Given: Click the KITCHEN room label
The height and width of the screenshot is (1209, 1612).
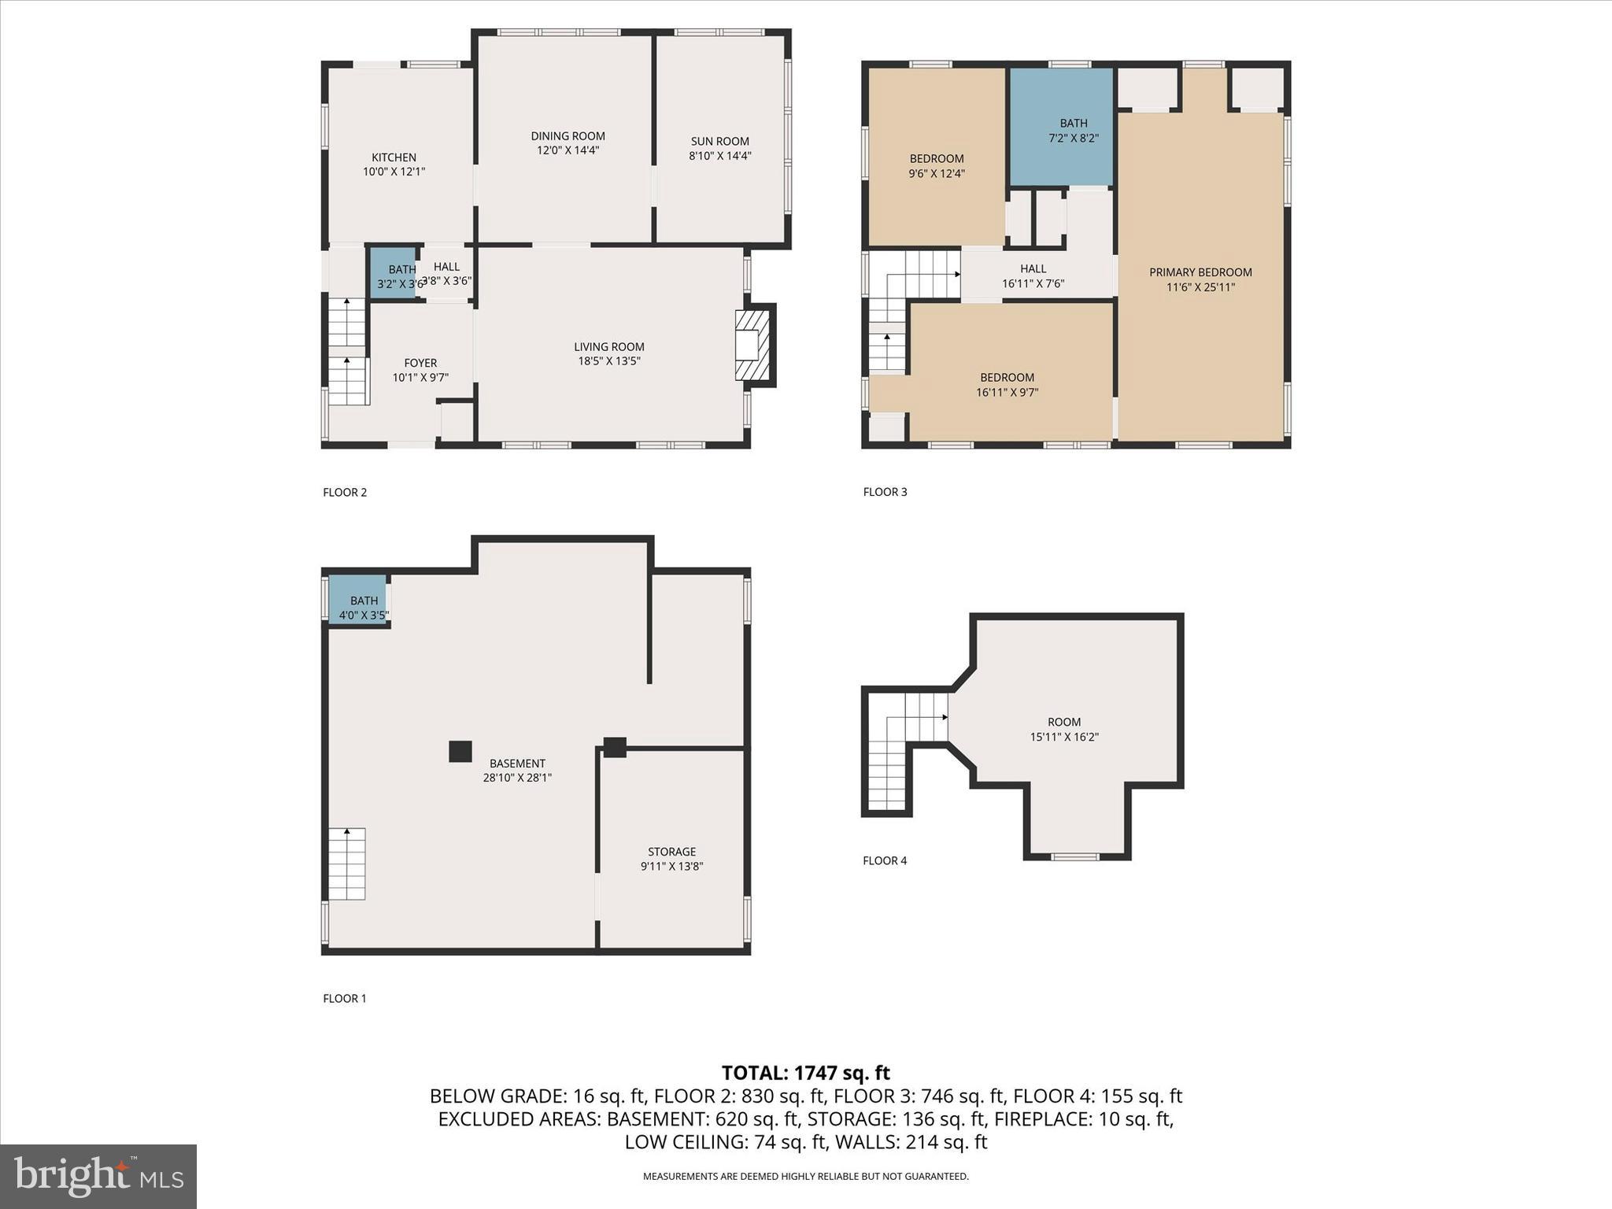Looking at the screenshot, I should coord(394,157).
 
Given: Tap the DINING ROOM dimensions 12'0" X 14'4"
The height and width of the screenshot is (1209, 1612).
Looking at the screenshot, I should coord(568,150).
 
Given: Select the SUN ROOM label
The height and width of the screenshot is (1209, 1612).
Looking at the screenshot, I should coord(719,142).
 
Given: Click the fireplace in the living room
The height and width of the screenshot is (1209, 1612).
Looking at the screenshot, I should coord(751,345).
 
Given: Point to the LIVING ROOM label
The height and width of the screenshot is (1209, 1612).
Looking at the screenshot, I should coord(608,346).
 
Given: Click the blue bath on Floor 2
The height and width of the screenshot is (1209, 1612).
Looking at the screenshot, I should coord(392,273).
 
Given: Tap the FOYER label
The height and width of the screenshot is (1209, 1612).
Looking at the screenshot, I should coord(420,363).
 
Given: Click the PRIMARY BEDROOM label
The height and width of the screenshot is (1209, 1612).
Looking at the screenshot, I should coord(1200,272).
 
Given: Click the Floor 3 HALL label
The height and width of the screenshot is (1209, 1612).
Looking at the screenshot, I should coord(1033,268).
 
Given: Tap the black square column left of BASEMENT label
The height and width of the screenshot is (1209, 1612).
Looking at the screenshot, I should coord(460,751).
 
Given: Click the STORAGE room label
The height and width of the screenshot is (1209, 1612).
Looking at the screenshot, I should coord(671,852).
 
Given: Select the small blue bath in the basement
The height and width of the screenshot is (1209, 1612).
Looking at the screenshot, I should coord(357,600).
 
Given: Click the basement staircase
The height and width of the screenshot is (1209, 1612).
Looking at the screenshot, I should coord(347,863).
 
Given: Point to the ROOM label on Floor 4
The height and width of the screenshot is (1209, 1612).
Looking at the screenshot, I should coord(1064,722).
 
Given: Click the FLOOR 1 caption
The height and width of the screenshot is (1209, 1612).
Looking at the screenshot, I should coord(345,998).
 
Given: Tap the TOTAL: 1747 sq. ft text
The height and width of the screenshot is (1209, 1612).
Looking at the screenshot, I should coord(805,1072).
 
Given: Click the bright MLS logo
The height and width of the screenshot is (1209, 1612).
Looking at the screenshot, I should coord(98,1177).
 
